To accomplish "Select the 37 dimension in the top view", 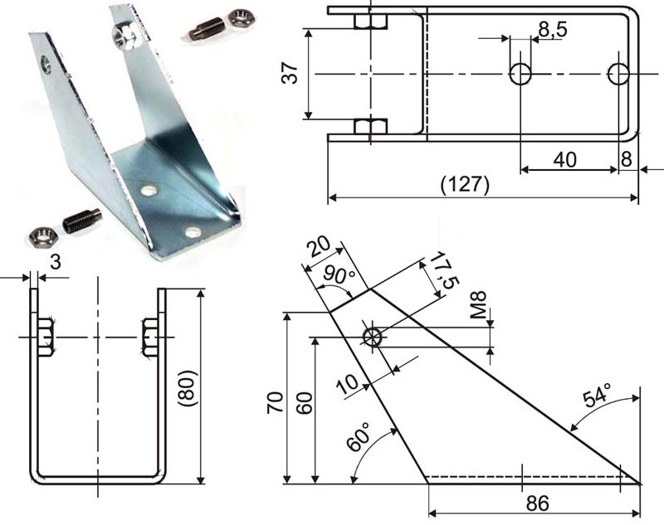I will point(289,73).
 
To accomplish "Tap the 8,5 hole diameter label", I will point(552,31).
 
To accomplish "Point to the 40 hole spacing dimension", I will point(564,159).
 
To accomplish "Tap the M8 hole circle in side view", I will point(372,337).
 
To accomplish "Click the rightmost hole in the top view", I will point(618,73).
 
